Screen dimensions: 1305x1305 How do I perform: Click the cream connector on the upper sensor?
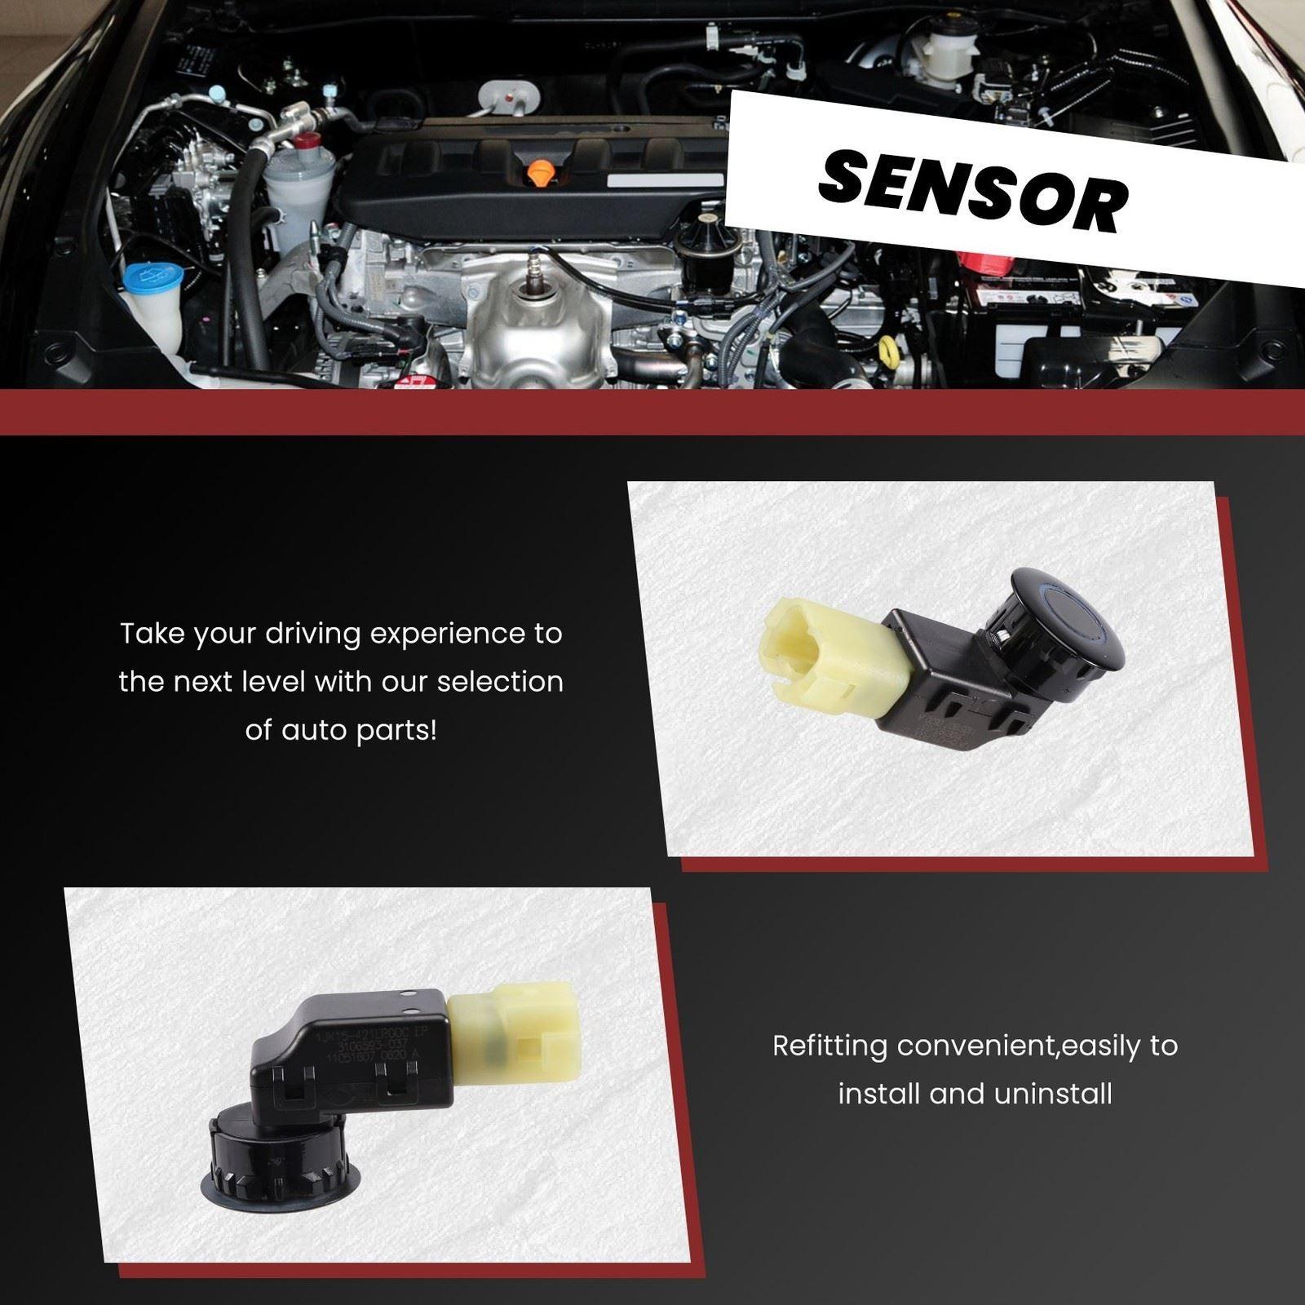pos(824,660)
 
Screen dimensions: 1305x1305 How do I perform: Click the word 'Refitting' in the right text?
pos(829,1046)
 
